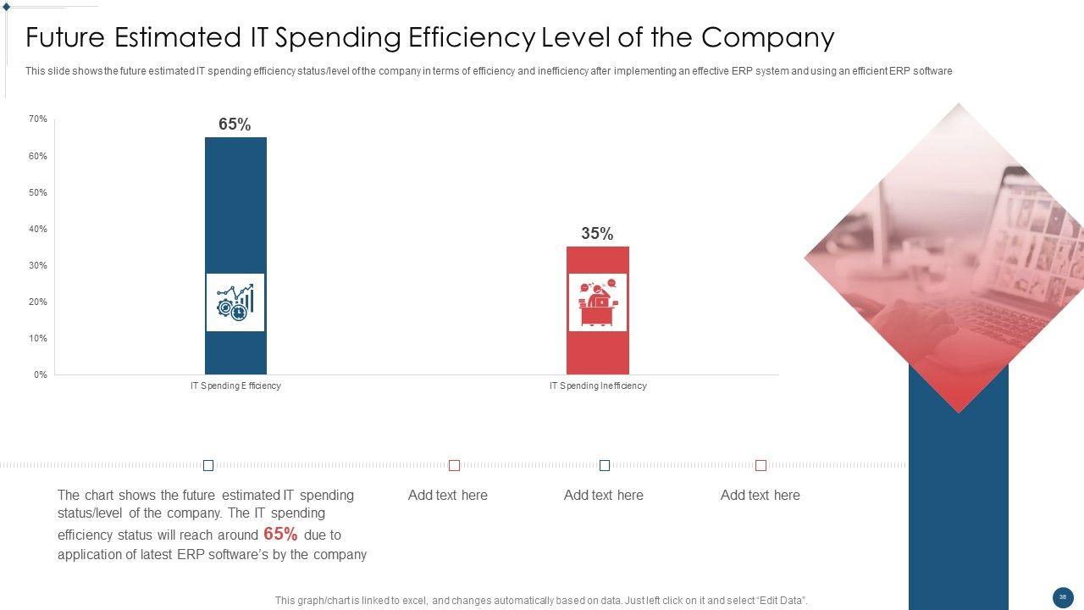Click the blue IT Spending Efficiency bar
(235, 203)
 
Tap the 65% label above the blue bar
(235, 125)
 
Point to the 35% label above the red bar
(597, 234)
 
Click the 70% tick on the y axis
(38, 119)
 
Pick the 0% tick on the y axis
(41, 374)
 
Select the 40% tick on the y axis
(38, 229)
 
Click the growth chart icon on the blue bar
(235, 302)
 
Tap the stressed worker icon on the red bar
(597, 302)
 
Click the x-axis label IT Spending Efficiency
(235, 385)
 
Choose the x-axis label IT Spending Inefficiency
(597, 385)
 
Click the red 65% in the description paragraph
(280, 534)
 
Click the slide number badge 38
(1063, 597)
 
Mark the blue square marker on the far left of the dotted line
(208, 465)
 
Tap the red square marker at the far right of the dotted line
(760, 465)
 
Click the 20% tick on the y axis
(38, 302)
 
